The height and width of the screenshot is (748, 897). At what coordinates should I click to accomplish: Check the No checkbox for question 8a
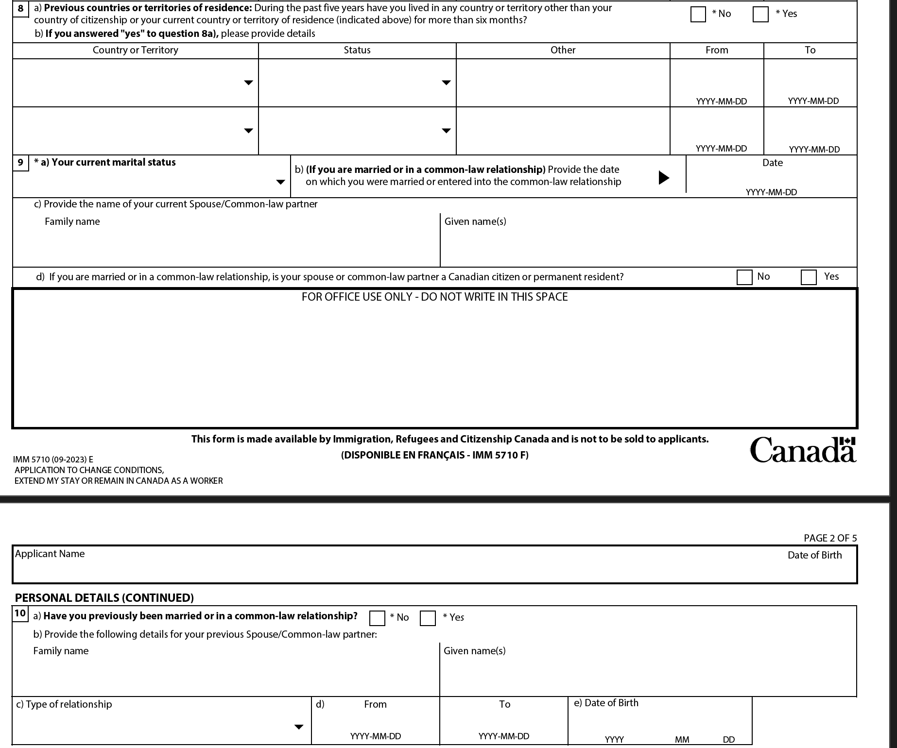click(x=698, y=15)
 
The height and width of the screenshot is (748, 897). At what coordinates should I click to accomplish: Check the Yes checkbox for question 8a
click(x=760, y=15)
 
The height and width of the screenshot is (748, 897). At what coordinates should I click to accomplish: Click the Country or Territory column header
click(x=135, y=50)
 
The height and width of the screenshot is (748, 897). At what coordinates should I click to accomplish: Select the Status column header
click(x=357, y=50)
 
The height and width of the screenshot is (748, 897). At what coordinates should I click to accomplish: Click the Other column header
click(x=563, y=50)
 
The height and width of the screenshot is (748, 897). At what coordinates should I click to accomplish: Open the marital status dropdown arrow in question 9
click(x=280, y=182)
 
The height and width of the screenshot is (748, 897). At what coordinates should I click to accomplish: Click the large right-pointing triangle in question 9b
click(x=664, y=177)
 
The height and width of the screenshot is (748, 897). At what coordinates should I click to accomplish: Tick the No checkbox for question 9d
click(x=744, y=277)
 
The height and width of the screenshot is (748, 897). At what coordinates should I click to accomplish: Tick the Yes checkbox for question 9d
click(x=809, y=277)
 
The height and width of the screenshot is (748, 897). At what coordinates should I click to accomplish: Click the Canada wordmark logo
click(x=802, y=450)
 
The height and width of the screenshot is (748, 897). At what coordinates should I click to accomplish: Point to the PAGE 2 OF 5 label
click(x=830, y=538)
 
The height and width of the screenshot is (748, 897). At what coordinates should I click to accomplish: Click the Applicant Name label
click(x=50, y=554)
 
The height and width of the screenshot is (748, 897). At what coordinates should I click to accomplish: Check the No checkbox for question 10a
click(x=377, y=618)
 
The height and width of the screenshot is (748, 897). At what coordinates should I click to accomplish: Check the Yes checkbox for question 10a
click(x=428, y=618)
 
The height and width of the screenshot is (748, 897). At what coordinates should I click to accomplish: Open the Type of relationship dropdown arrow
click(x=299, y=727)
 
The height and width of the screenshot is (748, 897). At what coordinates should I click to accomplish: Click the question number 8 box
click(x=20, y=9)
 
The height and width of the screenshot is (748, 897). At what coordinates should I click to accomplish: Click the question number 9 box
click(x=20, y=162)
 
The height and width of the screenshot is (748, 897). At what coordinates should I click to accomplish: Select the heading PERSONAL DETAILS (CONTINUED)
click(x=104, y=597)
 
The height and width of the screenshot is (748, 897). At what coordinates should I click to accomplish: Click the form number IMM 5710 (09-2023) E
click(x=53, y=459)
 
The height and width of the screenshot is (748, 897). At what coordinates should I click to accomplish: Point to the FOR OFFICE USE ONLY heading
click(x=434, y=297)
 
